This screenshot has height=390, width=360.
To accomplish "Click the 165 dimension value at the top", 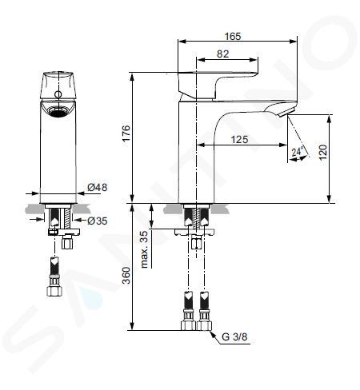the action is click(233, 36).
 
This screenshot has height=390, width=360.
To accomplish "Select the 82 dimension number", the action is click(222, 54).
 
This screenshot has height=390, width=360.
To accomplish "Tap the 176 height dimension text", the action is click(126, 133).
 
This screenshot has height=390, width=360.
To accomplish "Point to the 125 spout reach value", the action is click(239, 139).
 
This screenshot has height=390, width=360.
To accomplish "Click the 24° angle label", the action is click(298, 152).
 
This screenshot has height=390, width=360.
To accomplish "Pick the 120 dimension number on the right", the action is click(322, 152).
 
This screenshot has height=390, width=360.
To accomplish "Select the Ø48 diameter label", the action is click(98, 187).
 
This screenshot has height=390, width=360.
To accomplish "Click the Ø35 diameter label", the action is click(98, 221).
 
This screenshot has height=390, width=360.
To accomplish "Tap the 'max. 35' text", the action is click(144, 249).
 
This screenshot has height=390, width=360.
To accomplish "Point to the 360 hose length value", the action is click(126, 276).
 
